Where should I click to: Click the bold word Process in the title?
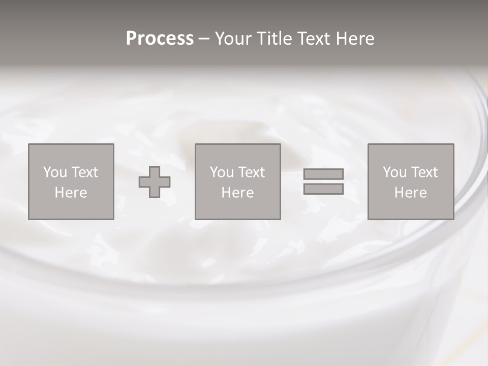point(160,39)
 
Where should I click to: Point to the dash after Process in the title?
point(204,39)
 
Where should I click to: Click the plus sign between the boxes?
point(155,182)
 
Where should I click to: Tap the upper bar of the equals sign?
point(323,174)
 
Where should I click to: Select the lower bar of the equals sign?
point(323,189)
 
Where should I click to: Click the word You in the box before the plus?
point(55,172)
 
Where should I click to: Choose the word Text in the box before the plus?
point(84,172)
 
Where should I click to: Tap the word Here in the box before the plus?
point(71,193)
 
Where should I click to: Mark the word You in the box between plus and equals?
point(222,172)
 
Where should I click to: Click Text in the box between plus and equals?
point(251,172)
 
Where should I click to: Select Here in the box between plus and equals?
point(237,193)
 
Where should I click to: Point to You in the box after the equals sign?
point(394,172)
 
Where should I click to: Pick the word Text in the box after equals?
point(424,172)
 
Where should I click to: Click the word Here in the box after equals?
point(410,193)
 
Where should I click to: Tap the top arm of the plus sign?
point(155,172)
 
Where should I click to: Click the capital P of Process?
point(131,39)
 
